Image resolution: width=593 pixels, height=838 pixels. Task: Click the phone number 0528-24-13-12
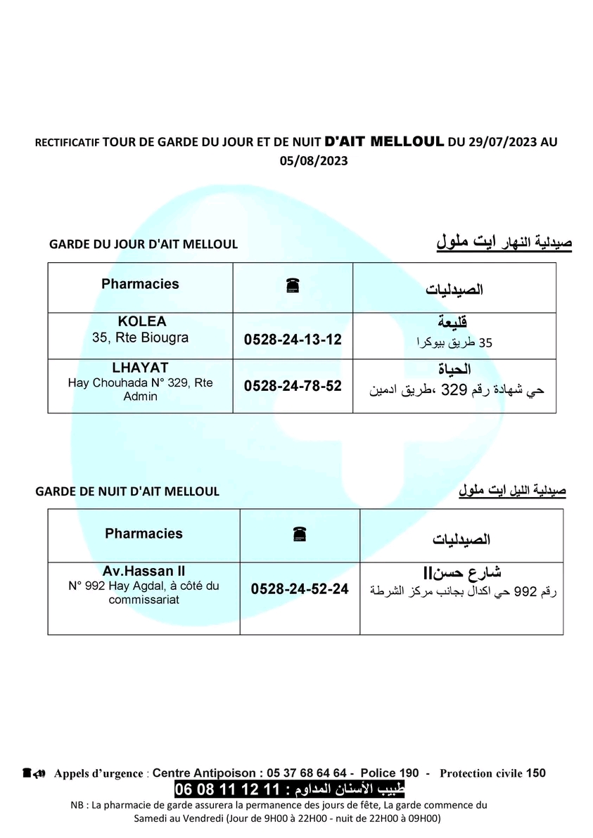coord(293,340)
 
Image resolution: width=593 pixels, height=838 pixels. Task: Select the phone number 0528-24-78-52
coord(293,386)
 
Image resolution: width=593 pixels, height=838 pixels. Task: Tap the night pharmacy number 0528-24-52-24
coord(300,590)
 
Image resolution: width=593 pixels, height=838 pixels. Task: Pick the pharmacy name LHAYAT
coord(141,367)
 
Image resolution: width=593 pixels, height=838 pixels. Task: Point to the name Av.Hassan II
coord(144,572)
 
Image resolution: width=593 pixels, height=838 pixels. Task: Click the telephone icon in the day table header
coord(293,285)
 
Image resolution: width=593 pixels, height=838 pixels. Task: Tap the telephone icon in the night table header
coord(300,535)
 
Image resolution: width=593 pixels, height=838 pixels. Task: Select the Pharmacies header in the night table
coord(144,534)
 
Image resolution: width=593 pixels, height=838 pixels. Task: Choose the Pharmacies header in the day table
coord(140,284)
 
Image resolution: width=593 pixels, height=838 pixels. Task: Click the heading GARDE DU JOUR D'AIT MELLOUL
coord(144,245)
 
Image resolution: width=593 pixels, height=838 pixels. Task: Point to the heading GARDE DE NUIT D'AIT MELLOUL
coord(127,491)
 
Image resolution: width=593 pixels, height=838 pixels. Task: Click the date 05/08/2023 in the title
coord(314,160)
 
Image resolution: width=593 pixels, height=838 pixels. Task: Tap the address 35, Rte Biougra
coord(141,337)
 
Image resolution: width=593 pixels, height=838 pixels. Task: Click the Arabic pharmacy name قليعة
coord(454,323)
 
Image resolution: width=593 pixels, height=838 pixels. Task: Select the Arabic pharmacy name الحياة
coord(454,369)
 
